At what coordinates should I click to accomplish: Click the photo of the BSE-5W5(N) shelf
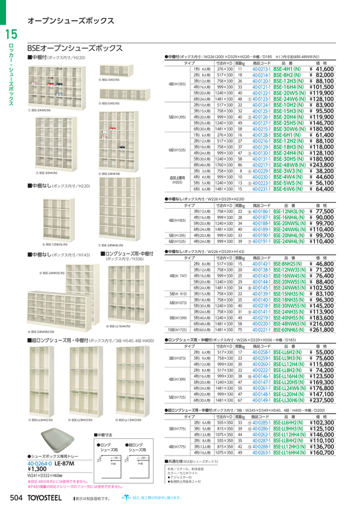click(x=120, y=93)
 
